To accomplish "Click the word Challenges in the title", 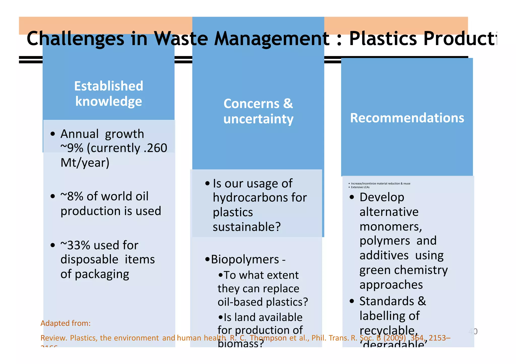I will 75,38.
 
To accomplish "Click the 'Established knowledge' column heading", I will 109,94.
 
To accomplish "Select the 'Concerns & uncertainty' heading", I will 258,111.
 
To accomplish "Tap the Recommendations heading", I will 407,118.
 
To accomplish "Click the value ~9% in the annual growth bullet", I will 72,148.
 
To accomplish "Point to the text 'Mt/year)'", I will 85,163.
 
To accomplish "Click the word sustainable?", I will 247,227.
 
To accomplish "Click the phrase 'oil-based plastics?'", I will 263,302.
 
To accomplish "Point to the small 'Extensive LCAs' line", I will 360,187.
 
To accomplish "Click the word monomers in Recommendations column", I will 390,226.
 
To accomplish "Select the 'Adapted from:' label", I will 66,323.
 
